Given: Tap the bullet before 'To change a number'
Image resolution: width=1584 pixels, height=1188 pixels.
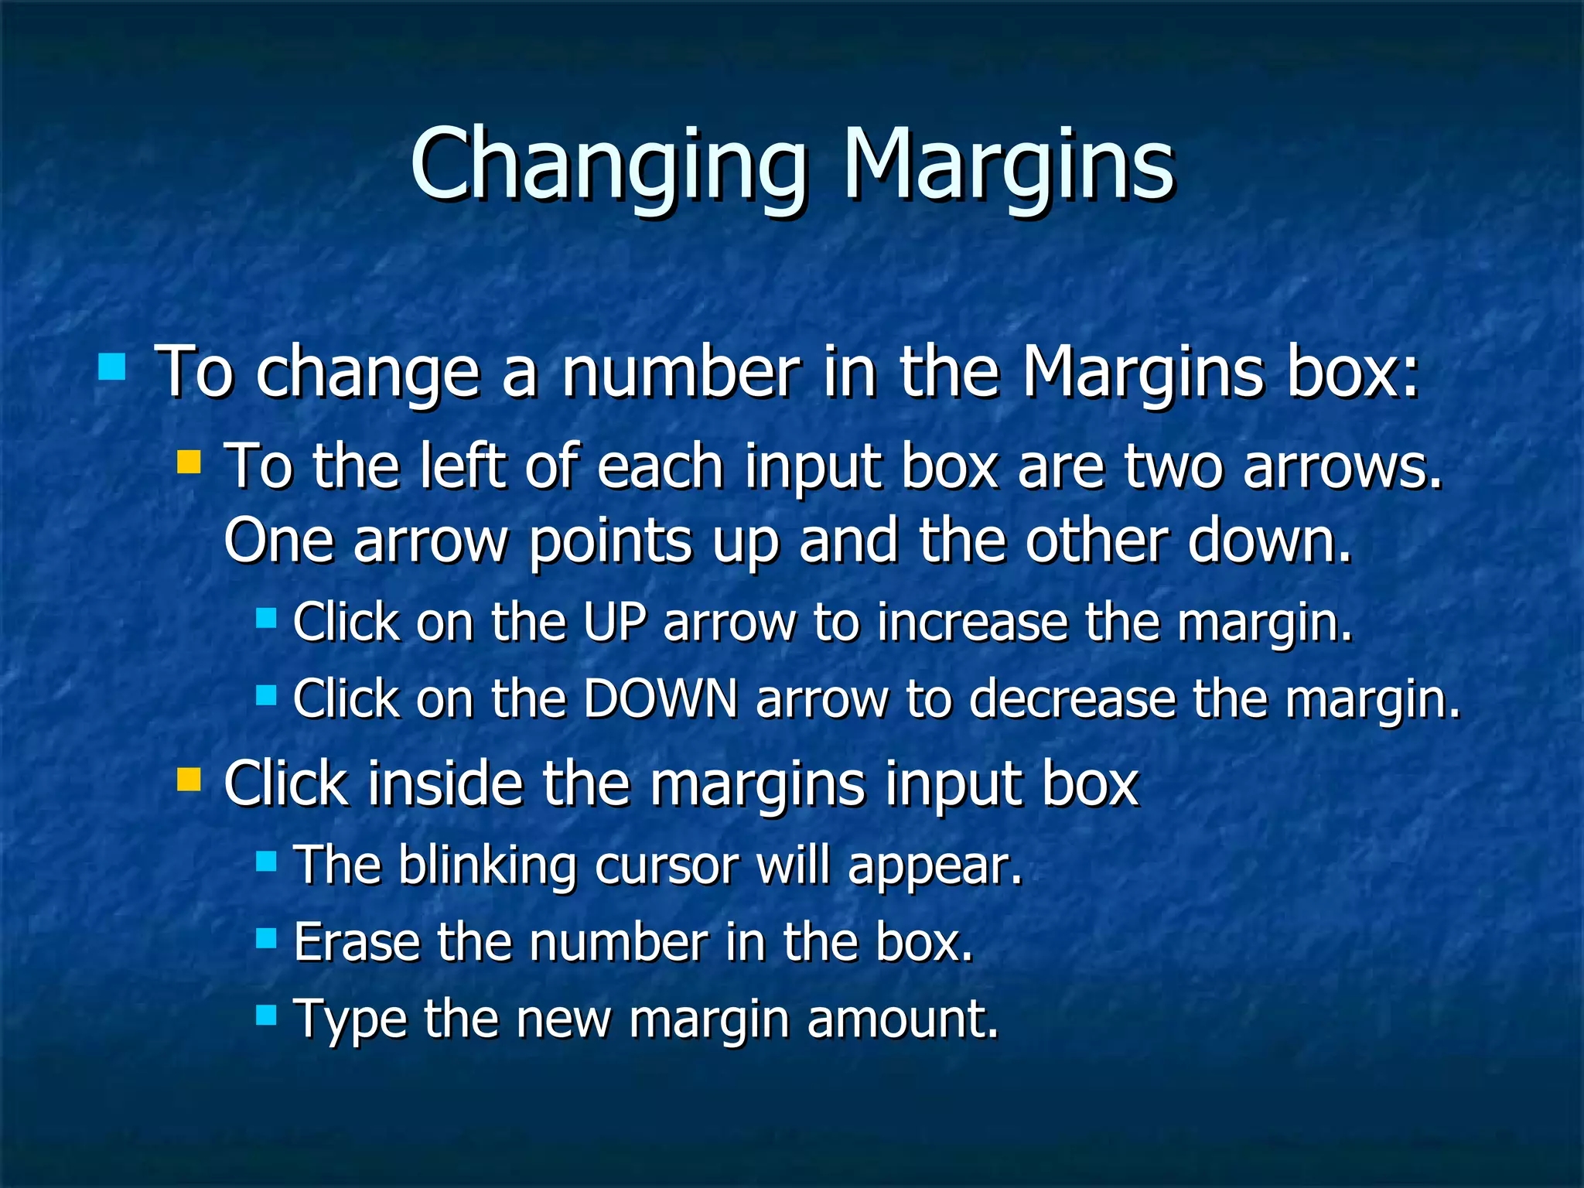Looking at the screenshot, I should pyautogui.click(x=112, y=367).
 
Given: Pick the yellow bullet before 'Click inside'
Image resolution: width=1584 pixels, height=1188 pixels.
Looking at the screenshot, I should pyautogui.click(x=189, y=780).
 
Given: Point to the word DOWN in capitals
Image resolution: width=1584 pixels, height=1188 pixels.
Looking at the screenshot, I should pyautogui.click(x=661, y=698).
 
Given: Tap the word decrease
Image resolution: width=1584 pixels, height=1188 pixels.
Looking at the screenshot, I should pyautogui.click(x=1071, y=698).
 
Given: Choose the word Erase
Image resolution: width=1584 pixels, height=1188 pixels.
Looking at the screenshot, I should pyautogui.click(x=357, y=941).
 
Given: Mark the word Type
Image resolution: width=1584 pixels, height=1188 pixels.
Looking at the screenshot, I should pyautogui.click(x=350, y=1019).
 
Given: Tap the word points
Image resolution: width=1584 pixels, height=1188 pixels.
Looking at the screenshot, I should pyautogui.click(x=610, y=541).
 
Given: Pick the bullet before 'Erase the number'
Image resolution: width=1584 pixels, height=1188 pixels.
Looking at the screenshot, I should pyautogui.click(x=266, y=938).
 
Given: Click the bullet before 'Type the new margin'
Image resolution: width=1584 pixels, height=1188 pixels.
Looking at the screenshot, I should pyautogui.click(x=266, y=1015).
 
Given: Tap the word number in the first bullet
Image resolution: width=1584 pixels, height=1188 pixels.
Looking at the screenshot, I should pyautogui.click(x=681, y=372).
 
